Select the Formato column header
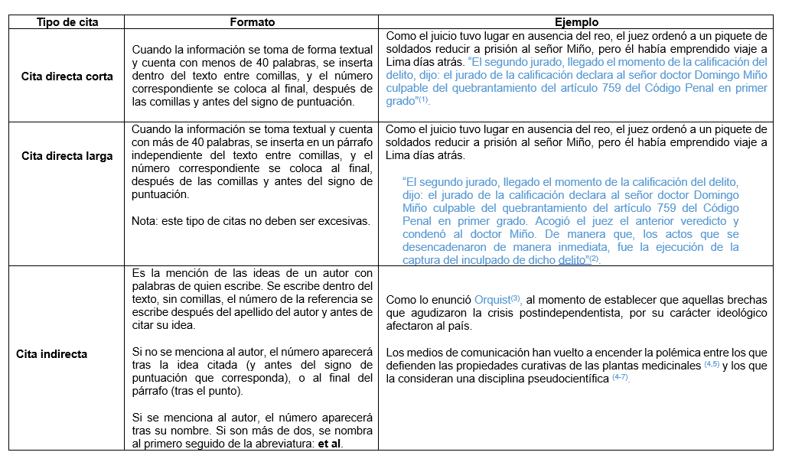coord(253,23)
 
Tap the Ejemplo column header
coord(578,23)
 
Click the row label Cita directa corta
coord(67,76)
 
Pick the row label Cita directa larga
coord(67,156)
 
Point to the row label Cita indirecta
coord(52,354)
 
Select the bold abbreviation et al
coord(328,444)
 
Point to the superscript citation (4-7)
coord(621,379)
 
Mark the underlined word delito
coord(572,260)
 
